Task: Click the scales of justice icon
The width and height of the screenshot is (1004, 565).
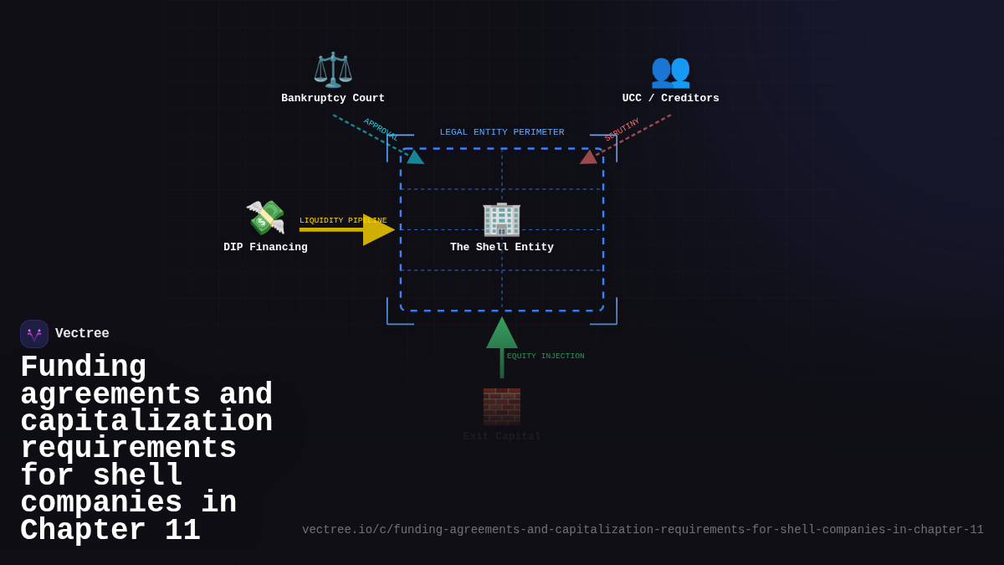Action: pos(333,69)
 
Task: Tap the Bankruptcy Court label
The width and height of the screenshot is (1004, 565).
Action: pos(333,99)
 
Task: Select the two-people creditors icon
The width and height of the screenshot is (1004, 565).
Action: pos(670,70)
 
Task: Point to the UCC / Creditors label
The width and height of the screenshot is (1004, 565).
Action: pos(670,99)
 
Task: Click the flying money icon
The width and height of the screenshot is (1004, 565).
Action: pos(265,218)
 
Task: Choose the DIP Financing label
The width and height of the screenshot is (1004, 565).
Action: pos(265,248)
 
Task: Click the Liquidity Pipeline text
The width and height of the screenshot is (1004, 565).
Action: pos(343,221)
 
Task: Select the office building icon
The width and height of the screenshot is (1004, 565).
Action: pos(501,218)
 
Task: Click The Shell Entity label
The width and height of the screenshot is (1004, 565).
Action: pos(502,248)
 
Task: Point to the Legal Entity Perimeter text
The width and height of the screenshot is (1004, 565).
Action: pos(502,132)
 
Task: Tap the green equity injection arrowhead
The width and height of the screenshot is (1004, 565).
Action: pos(502,333)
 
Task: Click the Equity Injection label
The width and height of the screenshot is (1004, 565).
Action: pos(546,357)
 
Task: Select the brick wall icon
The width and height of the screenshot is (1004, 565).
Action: pos(501,407)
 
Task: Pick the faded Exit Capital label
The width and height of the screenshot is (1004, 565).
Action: pos(502,436)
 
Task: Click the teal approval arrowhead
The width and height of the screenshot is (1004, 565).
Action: pos(415,157)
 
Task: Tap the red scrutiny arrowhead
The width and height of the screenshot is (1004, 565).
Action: pos(589,157)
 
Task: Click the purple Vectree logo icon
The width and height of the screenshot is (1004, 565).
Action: pos(34,334)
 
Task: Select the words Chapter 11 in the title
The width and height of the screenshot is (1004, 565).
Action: pos(110,531)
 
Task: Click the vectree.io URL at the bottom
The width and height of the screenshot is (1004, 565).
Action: pos(643,530)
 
